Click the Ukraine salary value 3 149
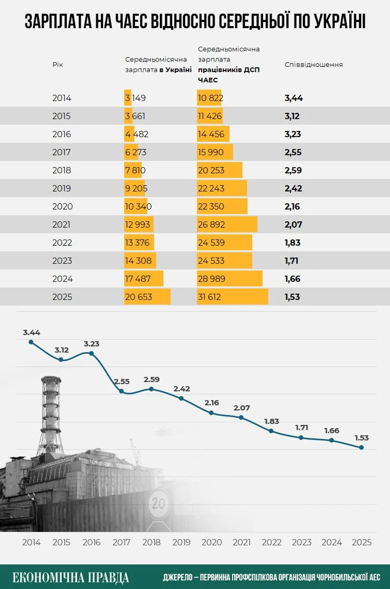coord(135,98)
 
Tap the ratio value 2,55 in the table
coord(293,152)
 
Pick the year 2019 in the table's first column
coord(62,188)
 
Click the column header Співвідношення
coord(313,65)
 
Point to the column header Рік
coord(58,65)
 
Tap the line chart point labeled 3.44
coord(31,342)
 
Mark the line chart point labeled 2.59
coord(152,389)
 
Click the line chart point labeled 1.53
coord(362,447)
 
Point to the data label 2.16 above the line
coord(211,402)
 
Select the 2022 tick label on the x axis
coord(272,542)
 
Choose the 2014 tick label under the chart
coord(31,542)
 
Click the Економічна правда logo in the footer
coord(71,577)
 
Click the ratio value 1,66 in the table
coord(292,279)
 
